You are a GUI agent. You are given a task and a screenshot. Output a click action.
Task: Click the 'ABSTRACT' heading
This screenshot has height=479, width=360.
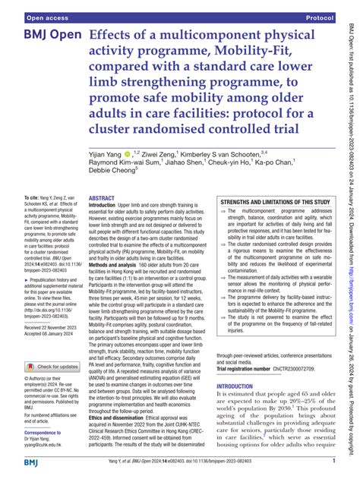[102, 197]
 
